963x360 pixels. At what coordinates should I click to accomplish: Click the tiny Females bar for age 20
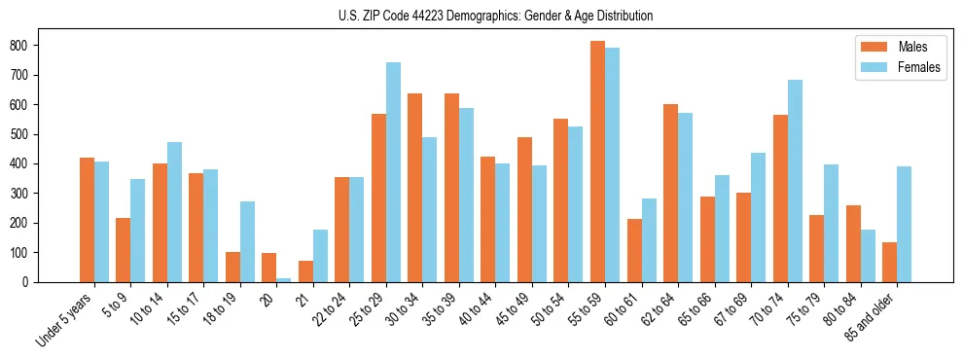pos(284,279)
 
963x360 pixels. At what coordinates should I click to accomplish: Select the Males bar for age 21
pos(305,271)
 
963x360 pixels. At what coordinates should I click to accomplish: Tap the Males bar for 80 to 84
pos(853,243)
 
